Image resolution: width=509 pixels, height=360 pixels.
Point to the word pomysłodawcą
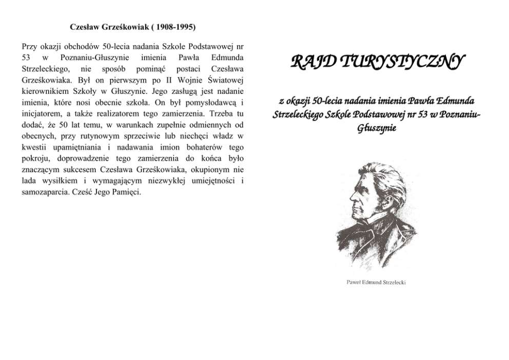pyautogui.click(x=212, y=102)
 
